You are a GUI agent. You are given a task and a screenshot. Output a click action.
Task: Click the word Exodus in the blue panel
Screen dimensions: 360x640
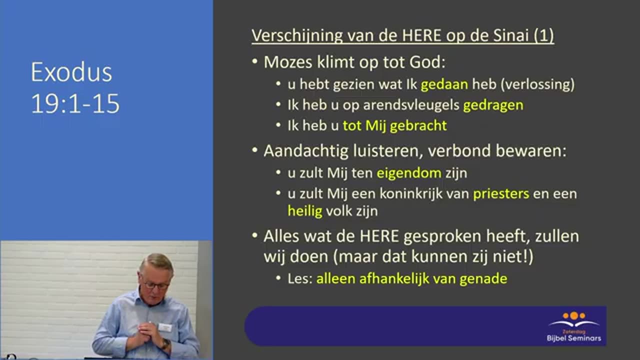click(x=71, y=72)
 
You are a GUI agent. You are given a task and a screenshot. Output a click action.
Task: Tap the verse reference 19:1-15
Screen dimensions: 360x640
click(x=75, y=103)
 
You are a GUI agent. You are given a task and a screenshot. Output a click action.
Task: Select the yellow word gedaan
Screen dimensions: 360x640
click(x=444, y=84)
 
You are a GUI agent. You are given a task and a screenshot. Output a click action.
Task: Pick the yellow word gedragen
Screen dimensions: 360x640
click(x=493, y=105)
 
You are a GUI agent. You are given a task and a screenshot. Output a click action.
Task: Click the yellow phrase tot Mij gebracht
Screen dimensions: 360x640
click(x=394, y=125)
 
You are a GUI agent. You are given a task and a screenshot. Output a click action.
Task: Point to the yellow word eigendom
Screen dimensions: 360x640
click(x=409, y=173)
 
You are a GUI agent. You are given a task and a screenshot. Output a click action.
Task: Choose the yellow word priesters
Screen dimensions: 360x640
click(x=501, y=193)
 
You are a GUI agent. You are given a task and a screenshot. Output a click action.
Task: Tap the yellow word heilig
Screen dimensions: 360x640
click(x=305, y=210)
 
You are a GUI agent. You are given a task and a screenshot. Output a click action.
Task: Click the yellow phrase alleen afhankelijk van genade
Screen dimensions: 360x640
click(x=411, y=278)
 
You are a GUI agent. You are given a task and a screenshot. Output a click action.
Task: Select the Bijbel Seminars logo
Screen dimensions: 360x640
click(x=573, y=327)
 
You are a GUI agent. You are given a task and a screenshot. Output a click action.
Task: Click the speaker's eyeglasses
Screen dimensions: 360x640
click(x=156, y=285)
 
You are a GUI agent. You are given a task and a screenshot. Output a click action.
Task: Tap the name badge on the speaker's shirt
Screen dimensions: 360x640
click(x=164, y=327)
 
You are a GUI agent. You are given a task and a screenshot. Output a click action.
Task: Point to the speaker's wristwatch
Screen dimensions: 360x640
click(x=165, y=344)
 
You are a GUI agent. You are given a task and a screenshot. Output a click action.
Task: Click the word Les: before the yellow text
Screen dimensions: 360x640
click(x=300, y=278)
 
